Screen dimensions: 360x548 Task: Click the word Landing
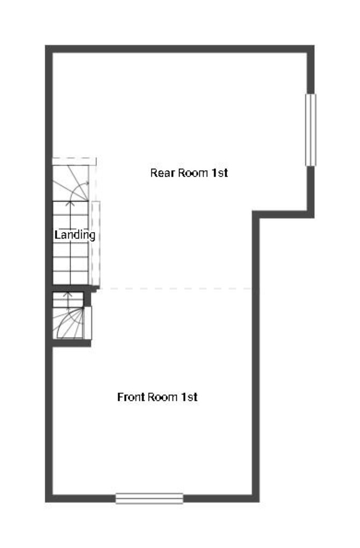tap(75, 235)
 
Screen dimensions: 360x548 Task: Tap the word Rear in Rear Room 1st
tap(163, 172)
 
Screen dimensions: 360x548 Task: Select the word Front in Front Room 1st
tap(132, 397)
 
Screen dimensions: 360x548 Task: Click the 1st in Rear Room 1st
tap(220, 172)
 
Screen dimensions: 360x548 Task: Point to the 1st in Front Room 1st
tap(189, 397)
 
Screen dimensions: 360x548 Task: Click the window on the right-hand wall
tap(311, 129)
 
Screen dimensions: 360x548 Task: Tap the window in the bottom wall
tap(149, 498)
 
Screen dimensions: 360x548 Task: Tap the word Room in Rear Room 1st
tap(193, 172)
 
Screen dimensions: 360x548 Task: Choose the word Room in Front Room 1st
tap(163, 397)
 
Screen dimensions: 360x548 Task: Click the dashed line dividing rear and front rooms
tap(176, 289)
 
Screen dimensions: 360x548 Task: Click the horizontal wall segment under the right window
tap(284, 214)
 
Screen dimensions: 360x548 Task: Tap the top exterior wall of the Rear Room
tap(179, 49)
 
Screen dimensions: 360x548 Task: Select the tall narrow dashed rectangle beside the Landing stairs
tap(96, 243)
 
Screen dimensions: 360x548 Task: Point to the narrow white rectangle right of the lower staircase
tap(88, 323)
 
